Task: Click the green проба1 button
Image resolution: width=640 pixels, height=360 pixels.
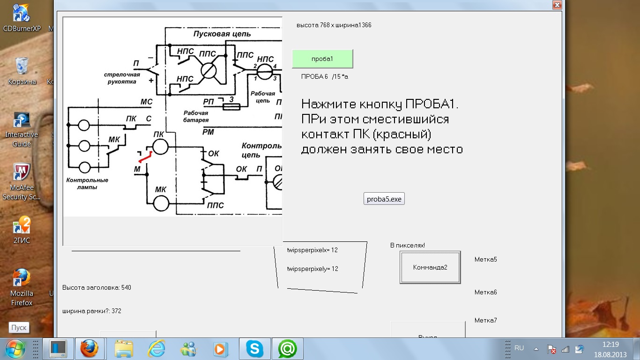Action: (x=322, y=59)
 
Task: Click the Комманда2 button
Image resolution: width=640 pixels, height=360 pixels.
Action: (x=430, y=267)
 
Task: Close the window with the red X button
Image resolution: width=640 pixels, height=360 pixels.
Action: (x=557, y=5)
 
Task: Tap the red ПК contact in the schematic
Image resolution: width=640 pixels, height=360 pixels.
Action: (x=145, y=157)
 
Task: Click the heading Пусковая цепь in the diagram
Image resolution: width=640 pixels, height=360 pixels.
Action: (x=222, y=34)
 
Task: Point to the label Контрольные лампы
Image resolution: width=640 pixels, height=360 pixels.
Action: (x=87, y=183)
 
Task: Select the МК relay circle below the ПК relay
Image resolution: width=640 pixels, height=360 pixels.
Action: (x=161, y=203)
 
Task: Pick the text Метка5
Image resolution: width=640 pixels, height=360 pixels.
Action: (x=485, y=259)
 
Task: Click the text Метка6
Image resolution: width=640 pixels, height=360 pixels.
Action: (x=485, y=292)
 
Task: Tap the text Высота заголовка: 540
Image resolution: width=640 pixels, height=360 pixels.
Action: (x=97, y=287)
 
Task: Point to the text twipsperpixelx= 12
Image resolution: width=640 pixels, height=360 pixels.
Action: (x=313, y=250)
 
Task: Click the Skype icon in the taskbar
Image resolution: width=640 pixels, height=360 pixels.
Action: (x=254, y=349)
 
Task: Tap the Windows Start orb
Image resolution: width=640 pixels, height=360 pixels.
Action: (x=15, y=349)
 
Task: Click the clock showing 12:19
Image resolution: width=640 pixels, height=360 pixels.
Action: (x=610, y=344)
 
